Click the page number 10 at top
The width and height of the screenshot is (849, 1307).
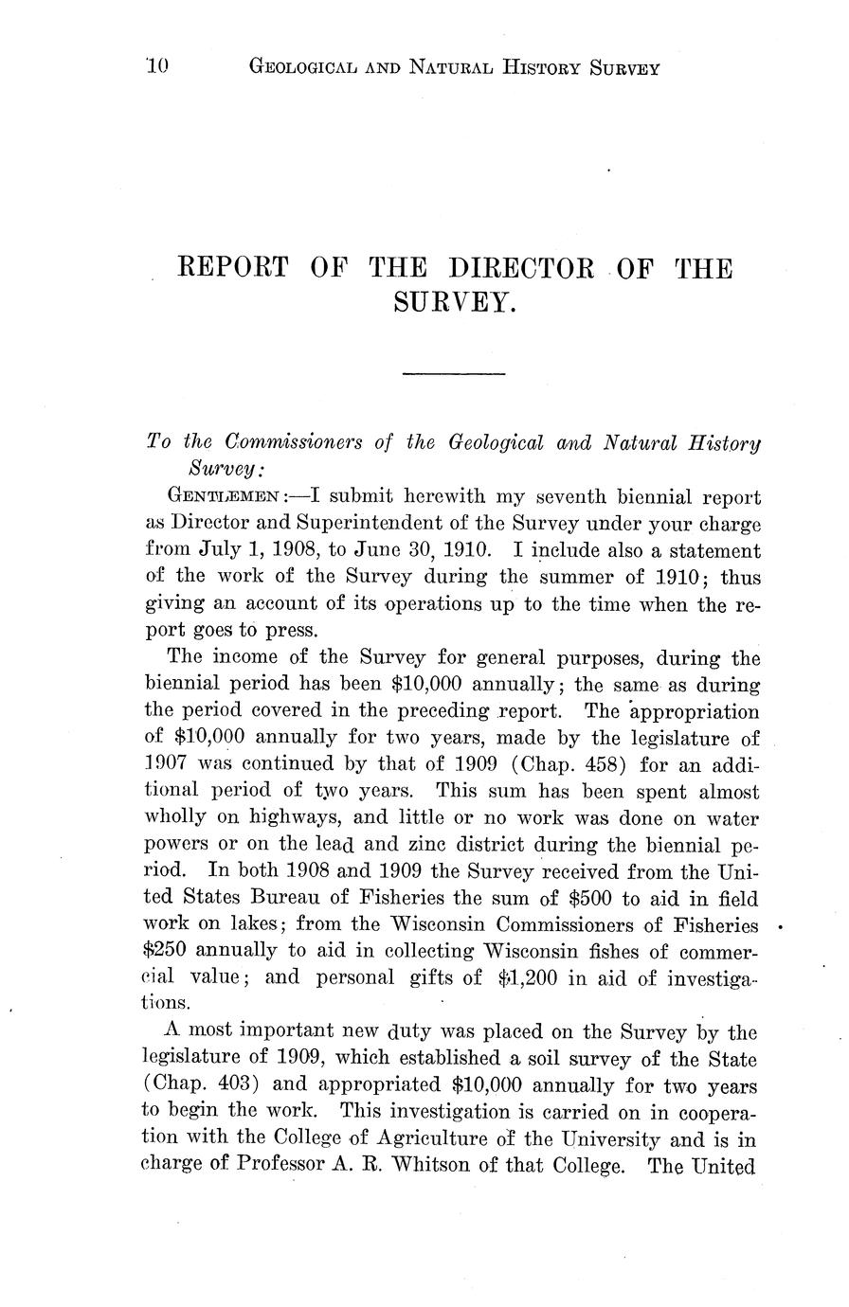coord(156,66)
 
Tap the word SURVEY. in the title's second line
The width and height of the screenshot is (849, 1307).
coord(454,302)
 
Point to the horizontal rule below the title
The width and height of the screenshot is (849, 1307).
coord(454,375)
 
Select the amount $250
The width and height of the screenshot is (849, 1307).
coord(170,950)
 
